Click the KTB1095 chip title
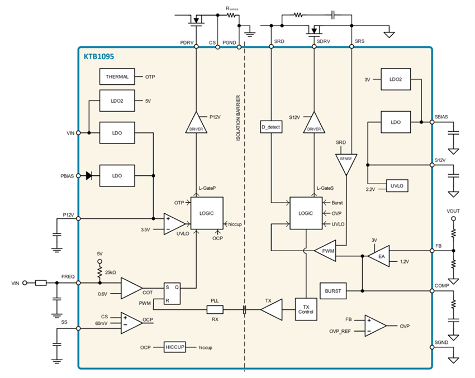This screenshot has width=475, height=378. (100, 56)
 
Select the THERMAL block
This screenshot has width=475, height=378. (116, 76)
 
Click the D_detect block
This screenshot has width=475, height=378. (271, 128)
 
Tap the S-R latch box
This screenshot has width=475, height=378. (172, 294)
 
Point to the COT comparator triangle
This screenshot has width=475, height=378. (131, 288)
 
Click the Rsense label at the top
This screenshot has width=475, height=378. (233, 8)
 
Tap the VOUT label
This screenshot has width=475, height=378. (454, 212)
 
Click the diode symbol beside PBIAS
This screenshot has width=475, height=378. (89, 175)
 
